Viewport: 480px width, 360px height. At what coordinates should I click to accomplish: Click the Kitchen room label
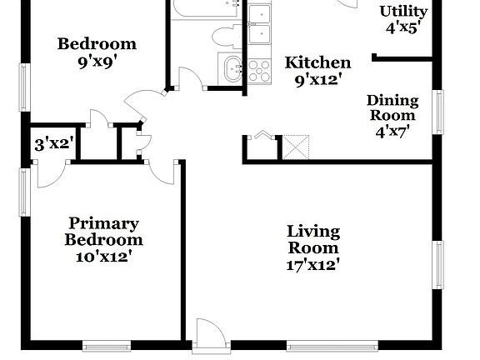pos(317,62)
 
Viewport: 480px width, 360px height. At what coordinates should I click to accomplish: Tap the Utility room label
pos(403,11)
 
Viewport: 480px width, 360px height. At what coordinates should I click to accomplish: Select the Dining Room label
pos(392,107)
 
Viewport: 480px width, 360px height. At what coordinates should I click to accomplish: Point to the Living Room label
pos(313,239)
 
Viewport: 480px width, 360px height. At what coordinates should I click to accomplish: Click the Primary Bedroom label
pos(104,232)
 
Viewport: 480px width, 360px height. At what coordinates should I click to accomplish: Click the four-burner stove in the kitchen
pos(259,70)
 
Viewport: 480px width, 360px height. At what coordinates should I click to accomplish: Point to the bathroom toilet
pos(225,36)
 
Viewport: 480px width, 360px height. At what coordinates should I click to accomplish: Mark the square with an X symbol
pos(297,147)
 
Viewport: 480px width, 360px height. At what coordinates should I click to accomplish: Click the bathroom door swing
pos(190,78)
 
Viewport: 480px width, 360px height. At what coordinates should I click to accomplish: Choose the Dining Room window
pos(438,112)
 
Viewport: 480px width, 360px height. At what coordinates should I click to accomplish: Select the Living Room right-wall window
pos(438,265)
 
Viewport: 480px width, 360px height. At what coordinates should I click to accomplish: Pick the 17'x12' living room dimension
pos(313,265)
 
